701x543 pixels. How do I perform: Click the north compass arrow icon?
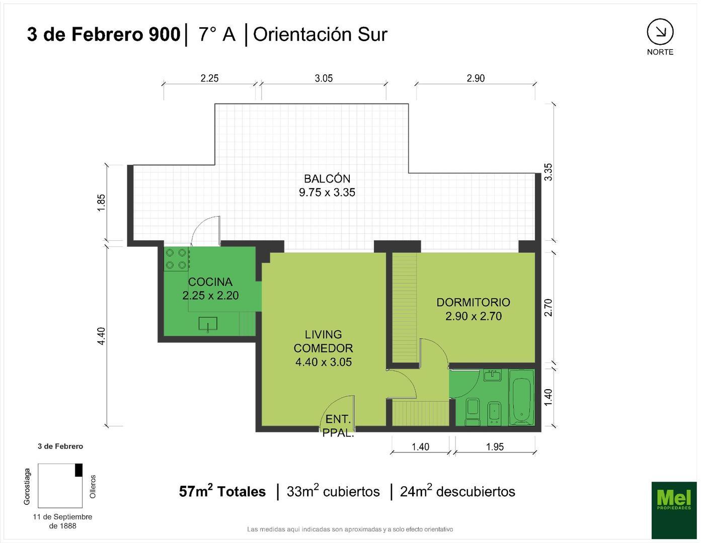pos(660,32)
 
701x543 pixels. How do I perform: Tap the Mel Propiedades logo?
pos(674,509)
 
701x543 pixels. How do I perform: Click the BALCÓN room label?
pos(327,178)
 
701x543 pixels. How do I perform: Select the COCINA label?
pos(210,282)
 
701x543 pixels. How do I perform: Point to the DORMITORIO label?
pos(473,302)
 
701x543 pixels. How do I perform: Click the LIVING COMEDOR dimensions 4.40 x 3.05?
pos(324,362)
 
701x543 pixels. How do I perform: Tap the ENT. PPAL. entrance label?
pos(338,426)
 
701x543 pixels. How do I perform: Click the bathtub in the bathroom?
pos(522,397)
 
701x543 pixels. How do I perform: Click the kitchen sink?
pos(208,324)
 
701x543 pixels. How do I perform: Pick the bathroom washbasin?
pos(492,375)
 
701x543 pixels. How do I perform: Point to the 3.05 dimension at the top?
pos(324,78)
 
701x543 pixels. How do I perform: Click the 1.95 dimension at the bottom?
pos(495,446)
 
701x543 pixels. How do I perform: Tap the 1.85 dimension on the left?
pos(102,203)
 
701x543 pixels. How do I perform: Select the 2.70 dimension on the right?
pos(549,307)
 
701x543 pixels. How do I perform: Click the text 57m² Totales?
pos(222,491)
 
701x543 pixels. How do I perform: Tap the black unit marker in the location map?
pos(79,470)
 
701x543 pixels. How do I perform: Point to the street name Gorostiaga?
pos(28,486)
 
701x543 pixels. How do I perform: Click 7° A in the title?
pos(217,34)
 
